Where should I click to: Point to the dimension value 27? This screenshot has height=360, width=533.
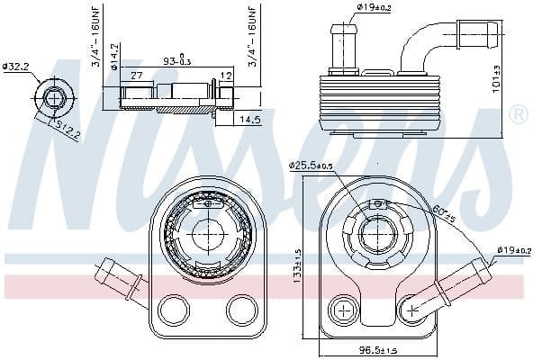pyautogui.click(x=136, y=76)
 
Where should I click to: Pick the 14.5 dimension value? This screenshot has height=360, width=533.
pyautogui.click(x=248, y=117)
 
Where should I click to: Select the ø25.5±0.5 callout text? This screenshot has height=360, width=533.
pyautogui.click(x=311, y=165)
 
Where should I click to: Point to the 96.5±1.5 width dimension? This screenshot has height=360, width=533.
pyautogui.click(x=379, y=349)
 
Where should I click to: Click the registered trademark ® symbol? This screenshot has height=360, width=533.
pyautogui.click(x=518, y=114)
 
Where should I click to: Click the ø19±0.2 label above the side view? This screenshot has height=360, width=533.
pyautogui.click(x=375, y=9)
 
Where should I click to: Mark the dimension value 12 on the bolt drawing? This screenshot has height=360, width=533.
pyautogui.click(x=226, y=76)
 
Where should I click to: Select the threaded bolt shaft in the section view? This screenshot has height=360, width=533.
pyautogui.click(x=171, y=96)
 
